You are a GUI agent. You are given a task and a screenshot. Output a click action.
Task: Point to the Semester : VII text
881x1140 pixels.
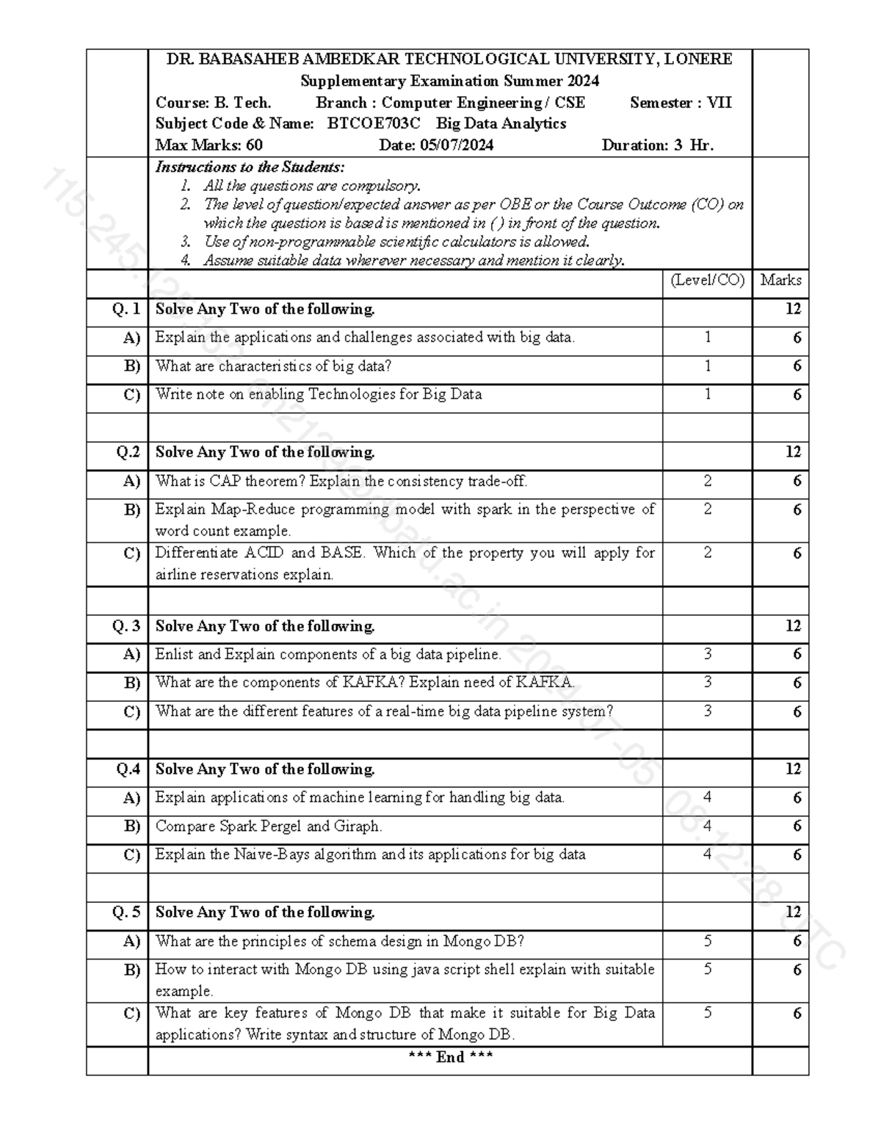click(681, 103)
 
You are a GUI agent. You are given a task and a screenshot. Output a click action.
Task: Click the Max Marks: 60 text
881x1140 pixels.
click(209, 145)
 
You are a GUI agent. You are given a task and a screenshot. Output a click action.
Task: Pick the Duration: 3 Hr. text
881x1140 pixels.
click(657, 145)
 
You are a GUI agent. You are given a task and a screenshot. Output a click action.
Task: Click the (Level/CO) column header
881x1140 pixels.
click(707, 280)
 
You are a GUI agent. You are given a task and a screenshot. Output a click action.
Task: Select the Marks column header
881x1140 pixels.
click(780, 280)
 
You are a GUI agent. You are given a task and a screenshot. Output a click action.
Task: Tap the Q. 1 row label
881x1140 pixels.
click(126, 310)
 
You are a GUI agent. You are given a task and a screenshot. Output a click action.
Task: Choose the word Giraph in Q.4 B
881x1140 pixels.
click(357, 827)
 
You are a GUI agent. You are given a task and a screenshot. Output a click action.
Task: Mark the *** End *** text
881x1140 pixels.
click(450, 1057)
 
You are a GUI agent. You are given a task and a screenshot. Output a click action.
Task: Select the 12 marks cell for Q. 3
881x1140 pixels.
click(792, 626)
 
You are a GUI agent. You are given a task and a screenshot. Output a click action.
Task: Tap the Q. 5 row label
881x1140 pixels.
click(126, 912)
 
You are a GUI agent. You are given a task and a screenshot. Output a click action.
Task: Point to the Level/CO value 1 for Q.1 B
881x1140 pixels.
click(707, 366)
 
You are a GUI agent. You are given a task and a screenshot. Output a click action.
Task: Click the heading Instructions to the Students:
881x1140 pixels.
click(250, 167)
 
